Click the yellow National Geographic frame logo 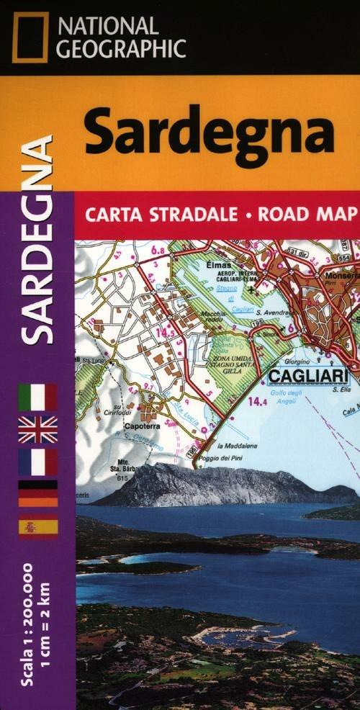[x=30, y=37]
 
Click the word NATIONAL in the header [x=108, y=26]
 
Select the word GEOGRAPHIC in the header [x=122, y=49]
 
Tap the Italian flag [x=37, y=397]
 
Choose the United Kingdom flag [x=37, y=429]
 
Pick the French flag [x=37, y=462]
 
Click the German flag [x=37, y=494]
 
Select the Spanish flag [x=37, y=526]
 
